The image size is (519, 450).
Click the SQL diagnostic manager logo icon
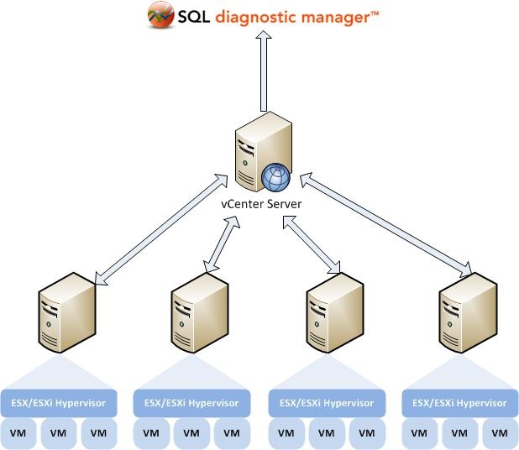(x=160, y=15)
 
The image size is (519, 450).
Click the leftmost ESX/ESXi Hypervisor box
(x=59, y=404)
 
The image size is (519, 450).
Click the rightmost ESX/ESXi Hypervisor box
(x=460, y=404)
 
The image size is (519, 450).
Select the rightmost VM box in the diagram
(x=501, y=433)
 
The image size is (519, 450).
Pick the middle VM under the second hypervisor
(x=191, y=433)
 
